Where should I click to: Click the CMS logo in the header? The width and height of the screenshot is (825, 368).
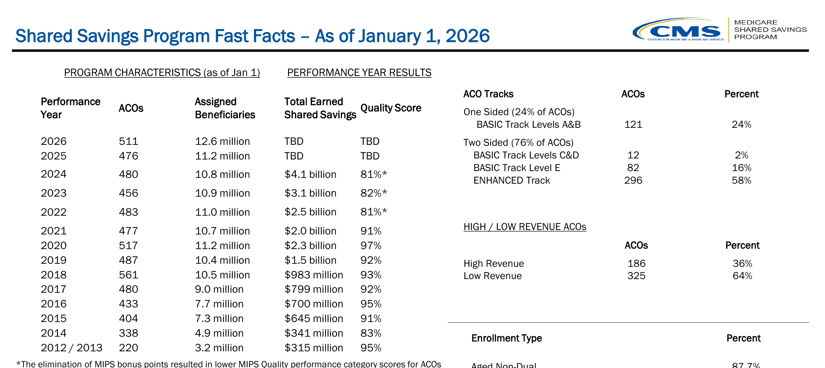(678, 30)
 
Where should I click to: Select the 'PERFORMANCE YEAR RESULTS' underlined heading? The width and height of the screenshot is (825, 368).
(359, 73)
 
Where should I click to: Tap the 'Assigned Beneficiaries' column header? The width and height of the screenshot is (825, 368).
(225, 108)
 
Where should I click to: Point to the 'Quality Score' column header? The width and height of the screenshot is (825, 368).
(391, 108)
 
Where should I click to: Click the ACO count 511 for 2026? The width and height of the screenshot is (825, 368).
(129, 141)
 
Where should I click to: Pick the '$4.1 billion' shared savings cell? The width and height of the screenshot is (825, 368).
(310, 174)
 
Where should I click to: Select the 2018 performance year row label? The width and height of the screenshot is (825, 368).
(54, 275)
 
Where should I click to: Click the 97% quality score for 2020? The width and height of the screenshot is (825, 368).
(371, 245)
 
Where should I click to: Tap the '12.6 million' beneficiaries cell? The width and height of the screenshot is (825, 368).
(222, 141)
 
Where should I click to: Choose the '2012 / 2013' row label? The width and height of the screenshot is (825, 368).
(72, 348)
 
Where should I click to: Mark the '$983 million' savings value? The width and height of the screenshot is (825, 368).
(314, 275)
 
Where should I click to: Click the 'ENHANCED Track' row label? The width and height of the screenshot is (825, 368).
(512, 180)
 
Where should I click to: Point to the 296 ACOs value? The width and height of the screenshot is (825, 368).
(633, 180)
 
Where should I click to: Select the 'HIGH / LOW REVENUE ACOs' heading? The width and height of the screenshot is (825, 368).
(525, 227)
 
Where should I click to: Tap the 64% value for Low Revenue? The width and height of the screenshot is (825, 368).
(742, 276)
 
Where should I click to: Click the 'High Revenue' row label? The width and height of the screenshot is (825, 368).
(494, 263)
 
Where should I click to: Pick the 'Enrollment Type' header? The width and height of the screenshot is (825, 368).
(507, 338)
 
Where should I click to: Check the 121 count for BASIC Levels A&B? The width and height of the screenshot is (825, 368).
(633, 124)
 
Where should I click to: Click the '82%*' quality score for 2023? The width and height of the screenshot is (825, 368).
(374, 193)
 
